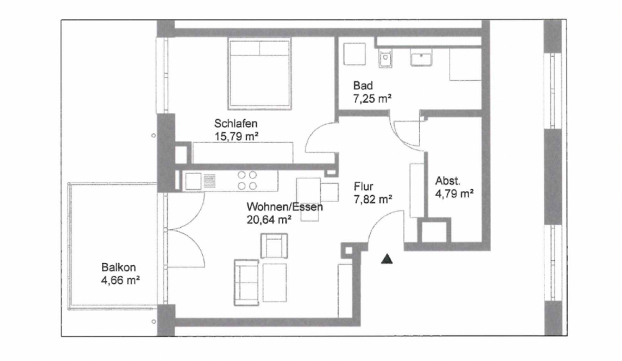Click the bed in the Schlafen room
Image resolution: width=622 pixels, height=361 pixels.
pos(260,74)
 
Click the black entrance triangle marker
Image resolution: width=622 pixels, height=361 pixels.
pos(387,258)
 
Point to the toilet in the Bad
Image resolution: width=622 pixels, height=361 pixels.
pos(385,59)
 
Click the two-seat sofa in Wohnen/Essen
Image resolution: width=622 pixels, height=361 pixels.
pos(247,281)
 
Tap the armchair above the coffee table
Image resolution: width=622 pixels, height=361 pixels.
pos(274,245)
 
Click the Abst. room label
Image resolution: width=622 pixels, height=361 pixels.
pos(448,181)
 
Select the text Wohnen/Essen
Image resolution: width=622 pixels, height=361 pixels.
pos(285,207)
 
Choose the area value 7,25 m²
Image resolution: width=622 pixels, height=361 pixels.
pos(373,99)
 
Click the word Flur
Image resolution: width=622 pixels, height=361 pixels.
pos(363,186)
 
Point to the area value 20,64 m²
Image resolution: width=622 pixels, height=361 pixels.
pos(270,219)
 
